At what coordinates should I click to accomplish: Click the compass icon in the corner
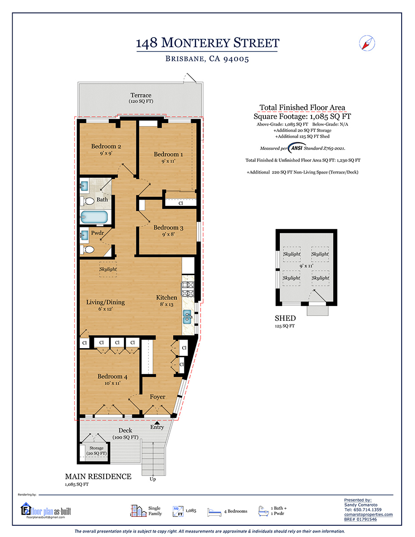click(x=367, y=43)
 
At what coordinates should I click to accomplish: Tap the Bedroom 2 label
click(x=106, y=146)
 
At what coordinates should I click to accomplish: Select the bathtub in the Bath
click(x=94, y=217)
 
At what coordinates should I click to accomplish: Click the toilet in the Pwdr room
click(x=87, y=250)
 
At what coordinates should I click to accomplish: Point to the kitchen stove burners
click(x=188, y=289)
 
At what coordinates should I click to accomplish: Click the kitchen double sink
click(x=187, y=317)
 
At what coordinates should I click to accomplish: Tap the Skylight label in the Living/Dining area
click(x=108, y=269)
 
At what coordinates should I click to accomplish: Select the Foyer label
click(x=158, y=396)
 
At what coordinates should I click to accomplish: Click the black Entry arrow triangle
click(x=157, y=423)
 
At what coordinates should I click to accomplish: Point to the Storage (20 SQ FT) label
click(x=96, y=451)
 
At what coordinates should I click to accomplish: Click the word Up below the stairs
click(x=153, y=479)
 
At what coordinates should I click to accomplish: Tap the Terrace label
click(x=141, y=95)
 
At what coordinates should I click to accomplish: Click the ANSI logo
click(x=297, y=148)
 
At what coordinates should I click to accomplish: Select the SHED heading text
click(x=285, y=318)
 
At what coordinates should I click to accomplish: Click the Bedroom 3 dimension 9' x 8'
click(x=168, y=234)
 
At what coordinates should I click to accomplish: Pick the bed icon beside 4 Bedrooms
click(x=214, y=512)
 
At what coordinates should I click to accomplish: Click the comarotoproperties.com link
click(x=368, y=514)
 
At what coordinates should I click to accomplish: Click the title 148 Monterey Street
click(x=208, y=43)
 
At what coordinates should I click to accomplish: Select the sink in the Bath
click(x=84, y=186)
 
